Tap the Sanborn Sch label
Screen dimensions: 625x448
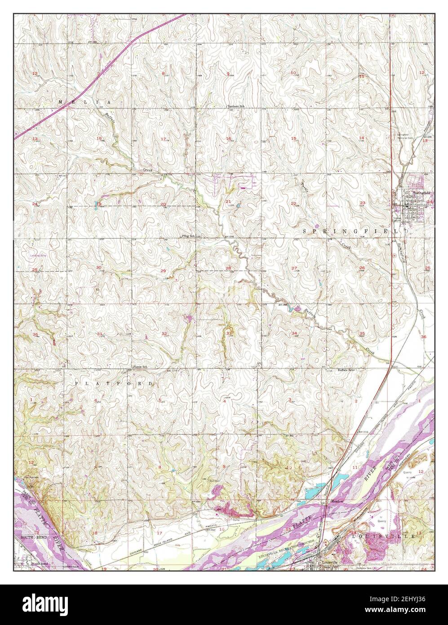[x=236, y=106]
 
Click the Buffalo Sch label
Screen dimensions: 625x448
[x=346, y=371]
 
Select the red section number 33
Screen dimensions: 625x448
[x=229, y=333]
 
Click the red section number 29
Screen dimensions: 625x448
[x=163, y=270]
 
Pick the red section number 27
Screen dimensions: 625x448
[x=294, y=268]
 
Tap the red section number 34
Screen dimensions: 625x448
[x=294, y=333]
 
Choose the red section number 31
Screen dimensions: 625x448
[x=99, y=333]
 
